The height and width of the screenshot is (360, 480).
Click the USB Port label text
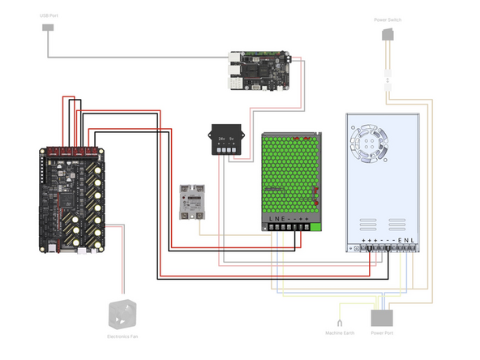pyautogui.click(x=48, y=15)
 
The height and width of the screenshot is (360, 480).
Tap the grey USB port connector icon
pyautogui.click(x=48, y=28)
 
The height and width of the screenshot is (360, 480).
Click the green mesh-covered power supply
pyautogui.click(x=292, y=174)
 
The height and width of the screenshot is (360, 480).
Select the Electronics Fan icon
pyautogui.click(x=122, y=315)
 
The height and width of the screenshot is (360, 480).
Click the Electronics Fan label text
pyautogui.click(x=122, y=336)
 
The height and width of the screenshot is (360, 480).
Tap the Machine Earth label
pyautogui.click(x=340, y=332)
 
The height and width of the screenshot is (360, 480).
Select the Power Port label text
pyautogui.click(x=382, y=332)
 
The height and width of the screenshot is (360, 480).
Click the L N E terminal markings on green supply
pyautogui.click(x=276, y=219)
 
